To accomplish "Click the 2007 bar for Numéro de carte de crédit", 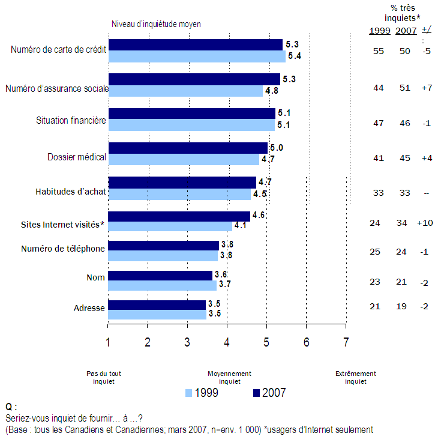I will coord(195,44).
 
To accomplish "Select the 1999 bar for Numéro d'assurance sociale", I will coord(185,91).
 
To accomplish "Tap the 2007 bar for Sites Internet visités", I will coord(179,216).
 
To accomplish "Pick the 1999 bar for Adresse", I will coord(157,315).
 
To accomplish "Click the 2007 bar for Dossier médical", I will coord(188,148).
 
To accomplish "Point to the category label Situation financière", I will coord(71,120).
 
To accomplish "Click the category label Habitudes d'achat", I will coord(70,192).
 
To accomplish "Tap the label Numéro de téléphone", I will coord(63,249).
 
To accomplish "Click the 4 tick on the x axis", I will coord(227,342).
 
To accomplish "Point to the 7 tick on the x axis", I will coord(346,342).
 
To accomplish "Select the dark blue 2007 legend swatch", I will coord(255,393).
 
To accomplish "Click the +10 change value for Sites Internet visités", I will coord(425,223).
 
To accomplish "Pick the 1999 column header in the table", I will coord(379,31).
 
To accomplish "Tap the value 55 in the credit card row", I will coord(378,52).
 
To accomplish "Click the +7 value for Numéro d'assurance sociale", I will coord(427,88).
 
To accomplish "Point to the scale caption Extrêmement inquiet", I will coord(355,377).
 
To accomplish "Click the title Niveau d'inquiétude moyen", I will coord(156,24).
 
